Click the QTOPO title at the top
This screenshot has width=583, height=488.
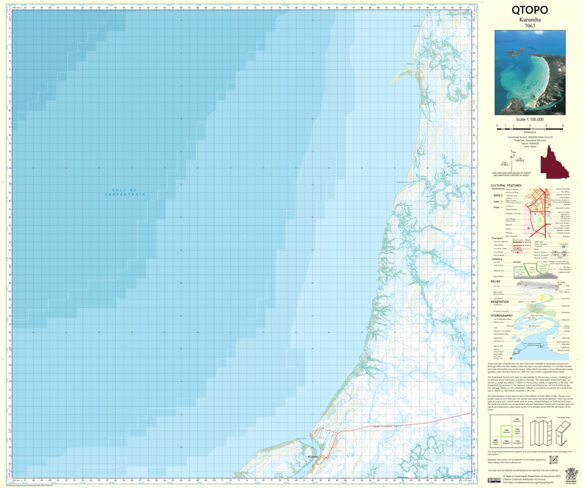pos(530,10)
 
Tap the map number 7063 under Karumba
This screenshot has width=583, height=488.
pos(530,26)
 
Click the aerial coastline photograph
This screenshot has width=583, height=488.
pos(530,72)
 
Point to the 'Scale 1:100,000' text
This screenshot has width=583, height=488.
pos(530,119)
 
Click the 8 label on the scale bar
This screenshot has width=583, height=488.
pos(563,125)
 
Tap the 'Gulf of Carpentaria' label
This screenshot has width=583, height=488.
pos(125,192)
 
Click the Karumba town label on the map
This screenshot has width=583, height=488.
pos(313,455)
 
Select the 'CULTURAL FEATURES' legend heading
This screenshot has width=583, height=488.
pos(506,185)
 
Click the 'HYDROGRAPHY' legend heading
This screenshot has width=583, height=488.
pos(502,315)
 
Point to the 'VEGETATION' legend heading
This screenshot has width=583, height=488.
pos(500,302)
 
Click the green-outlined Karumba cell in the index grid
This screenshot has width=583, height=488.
pos(506,431)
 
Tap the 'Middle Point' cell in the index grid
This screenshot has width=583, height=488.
pos(495,441)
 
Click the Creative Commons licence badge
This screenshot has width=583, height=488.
pos(493,480)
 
